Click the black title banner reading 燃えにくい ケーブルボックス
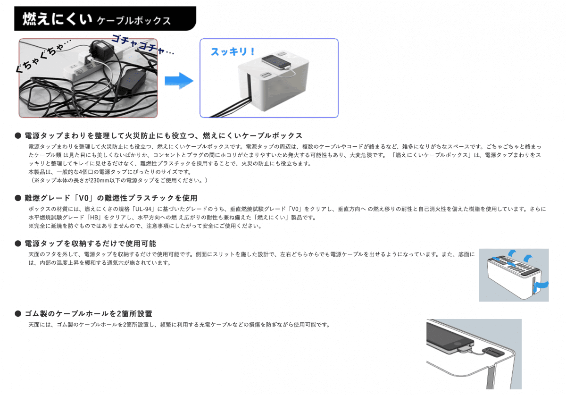(105, 19)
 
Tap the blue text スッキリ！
(233, 52)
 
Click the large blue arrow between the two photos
(179, 81)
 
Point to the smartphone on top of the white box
(276, 62)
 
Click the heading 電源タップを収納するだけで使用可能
(90, 244)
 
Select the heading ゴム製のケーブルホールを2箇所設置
(89, 313)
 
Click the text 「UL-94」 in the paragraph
(143, 209)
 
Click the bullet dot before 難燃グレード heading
(18, 198)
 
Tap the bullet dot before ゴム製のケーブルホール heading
(18, 313)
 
